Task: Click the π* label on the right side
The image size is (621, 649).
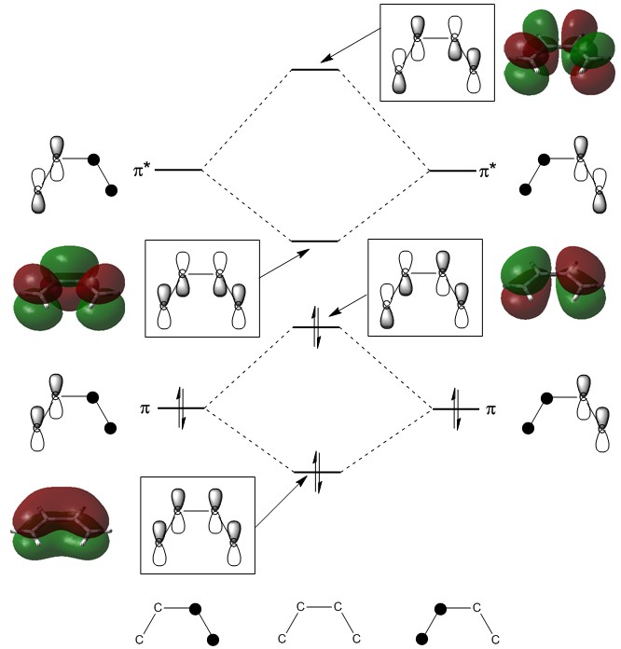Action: pyautogui.click(x=489, y=171)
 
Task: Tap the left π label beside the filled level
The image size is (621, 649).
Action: pyautogui.click(x=145, y=408)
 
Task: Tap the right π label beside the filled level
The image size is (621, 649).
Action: pyautogui.click(x=490, y=409)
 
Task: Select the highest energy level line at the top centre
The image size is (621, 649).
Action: pyautogui.click(x=315, y=70)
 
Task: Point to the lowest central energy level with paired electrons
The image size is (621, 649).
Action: pyautogui.click(x=317, y=472)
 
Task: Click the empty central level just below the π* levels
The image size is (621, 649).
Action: pyautogui.click(x=315, y=242)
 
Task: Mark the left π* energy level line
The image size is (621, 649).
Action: pyautogui.click(x=178, y=171)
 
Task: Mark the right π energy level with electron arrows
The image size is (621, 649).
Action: pyautogui.click(x=456, y=409)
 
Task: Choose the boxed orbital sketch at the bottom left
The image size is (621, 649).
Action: pyautogui.click(x=197, y=526)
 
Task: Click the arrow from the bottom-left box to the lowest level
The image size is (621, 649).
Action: pyautogui.click(x=283, y=508)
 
